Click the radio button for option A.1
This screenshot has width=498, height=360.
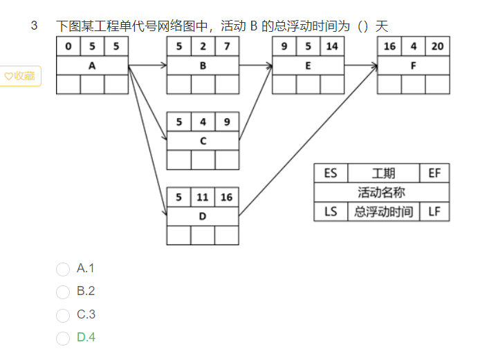tap(63, 269)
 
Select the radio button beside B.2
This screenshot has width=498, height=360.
tap(63, 292)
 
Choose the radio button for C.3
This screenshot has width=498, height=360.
tap(63, 316)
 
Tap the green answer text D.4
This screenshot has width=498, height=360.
tap(86, 337)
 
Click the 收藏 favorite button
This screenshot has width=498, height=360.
tap(20, 76)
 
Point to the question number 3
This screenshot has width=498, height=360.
tap(34, 26)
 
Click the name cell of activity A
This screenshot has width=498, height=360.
tap(93, 66)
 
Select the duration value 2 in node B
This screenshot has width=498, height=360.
tap(203, 46)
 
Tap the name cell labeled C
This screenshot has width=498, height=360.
tap(203, 141)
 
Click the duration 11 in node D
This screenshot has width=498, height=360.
tap(203, 198)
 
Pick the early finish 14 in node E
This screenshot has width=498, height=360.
tap(332, 46)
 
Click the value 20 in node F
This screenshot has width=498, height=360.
tap(438, 46)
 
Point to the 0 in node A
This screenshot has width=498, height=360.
tap(68, 46)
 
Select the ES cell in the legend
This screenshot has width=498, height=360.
tap(331, 173)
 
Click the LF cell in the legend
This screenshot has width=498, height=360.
tap(434, 211)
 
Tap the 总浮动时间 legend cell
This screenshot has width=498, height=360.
tap(384, 211)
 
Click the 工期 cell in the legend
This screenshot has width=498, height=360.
tap(384, 173)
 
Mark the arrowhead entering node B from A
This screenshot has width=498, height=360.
tap(164, 66)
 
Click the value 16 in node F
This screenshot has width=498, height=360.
tap(389, 46)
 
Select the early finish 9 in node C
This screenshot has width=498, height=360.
tap(227, 122)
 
